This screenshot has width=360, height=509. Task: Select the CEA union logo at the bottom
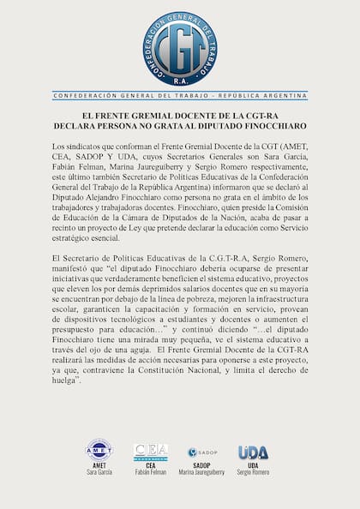click(150, 452)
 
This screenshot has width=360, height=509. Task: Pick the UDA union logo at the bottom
click(253, 452)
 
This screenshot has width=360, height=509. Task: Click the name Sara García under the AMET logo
click(99, 472)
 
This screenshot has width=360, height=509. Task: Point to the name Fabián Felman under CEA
click(150, 472)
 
